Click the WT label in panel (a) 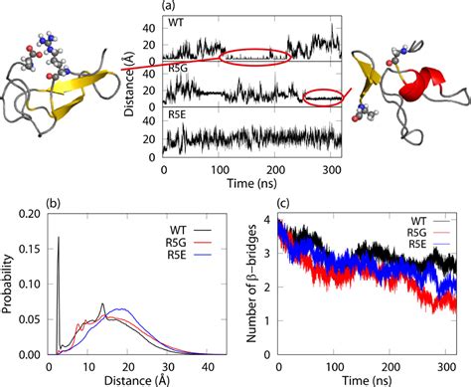click(177, 21)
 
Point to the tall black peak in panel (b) click(59, 239)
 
